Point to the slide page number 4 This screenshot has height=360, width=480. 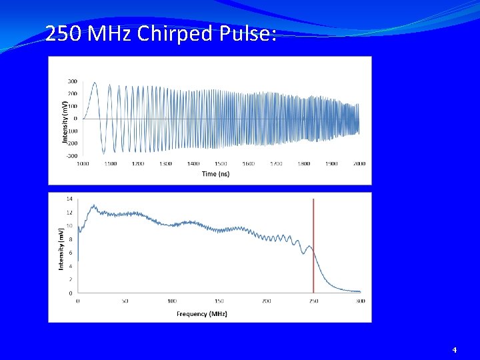click(455, 349)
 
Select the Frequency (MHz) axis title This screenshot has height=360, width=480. click(202, 313)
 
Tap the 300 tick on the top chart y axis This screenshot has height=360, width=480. click(72, 81)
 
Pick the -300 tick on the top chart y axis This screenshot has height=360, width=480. click(71, 155)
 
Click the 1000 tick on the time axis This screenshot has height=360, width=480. click(83, 163)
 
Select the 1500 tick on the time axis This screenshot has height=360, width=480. click(221, 163)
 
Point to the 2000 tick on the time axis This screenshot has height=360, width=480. click(359, 163)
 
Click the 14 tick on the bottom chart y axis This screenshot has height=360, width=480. click(70, 199)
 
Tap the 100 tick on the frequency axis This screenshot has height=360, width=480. click(172, 301)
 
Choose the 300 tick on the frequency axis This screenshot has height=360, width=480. click(360, 301)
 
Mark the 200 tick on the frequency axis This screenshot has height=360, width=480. click(266, 301)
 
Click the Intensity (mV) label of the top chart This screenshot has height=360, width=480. click(65, 119)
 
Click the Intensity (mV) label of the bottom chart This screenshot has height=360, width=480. click(61, 248)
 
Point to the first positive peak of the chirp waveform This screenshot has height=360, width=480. click(95, 83)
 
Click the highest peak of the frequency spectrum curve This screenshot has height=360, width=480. click(93, 205)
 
